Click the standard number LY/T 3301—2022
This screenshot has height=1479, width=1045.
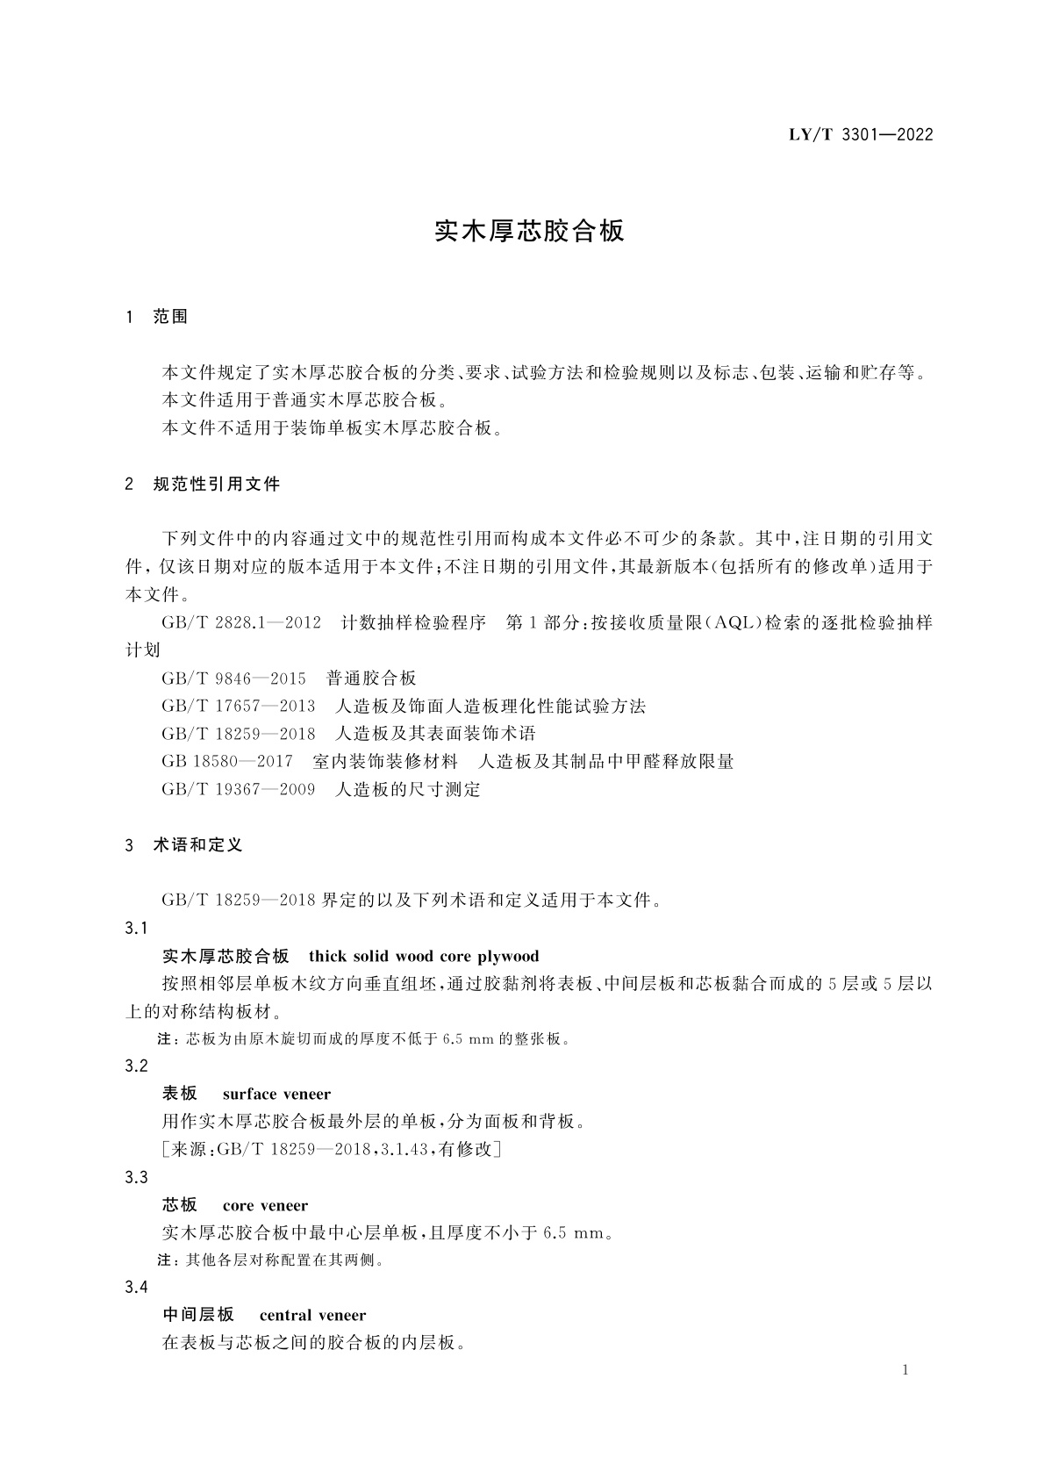848,135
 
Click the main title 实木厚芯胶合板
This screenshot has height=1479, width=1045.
529,232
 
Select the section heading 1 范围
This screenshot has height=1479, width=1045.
158,317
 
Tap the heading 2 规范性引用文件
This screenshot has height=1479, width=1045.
203,484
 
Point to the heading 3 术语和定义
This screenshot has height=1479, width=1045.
184,845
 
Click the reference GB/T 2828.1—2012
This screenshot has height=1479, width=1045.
241,623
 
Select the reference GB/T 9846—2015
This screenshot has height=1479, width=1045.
233,678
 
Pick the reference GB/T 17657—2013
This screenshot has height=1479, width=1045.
238,707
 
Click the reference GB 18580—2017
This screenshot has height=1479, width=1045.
227,762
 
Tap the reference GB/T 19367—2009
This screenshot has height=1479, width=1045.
238,790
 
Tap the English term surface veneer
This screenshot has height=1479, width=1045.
276,1095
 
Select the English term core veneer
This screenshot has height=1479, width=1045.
265,1206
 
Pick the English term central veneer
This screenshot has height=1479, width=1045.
312,1316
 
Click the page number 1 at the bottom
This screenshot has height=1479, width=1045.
905,1371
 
